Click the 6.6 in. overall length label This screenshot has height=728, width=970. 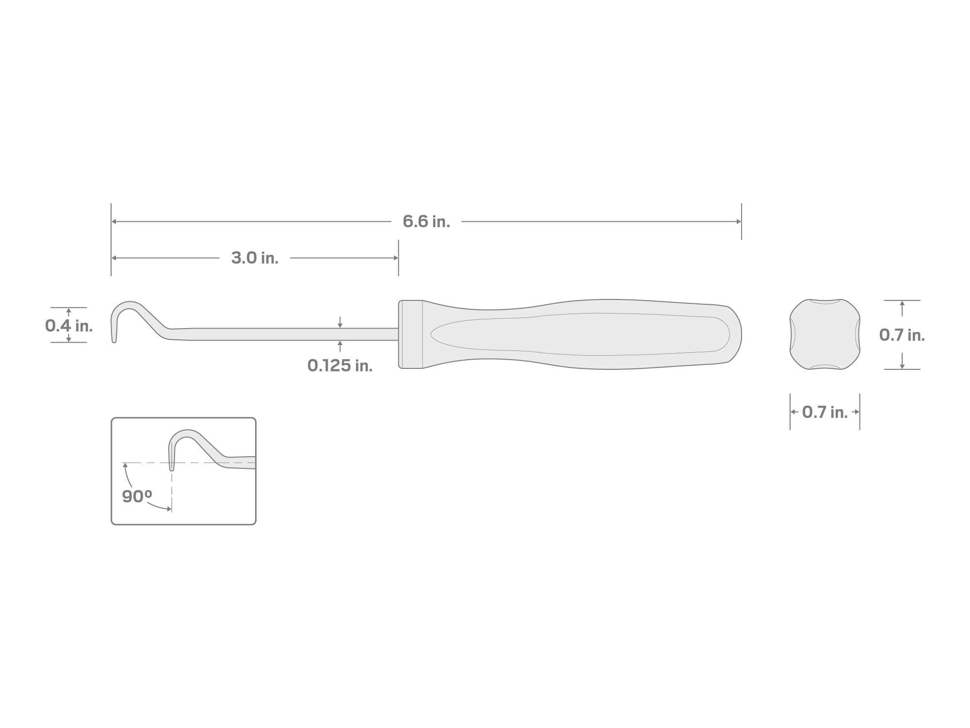pos(426,222)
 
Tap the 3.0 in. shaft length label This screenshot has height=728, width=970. pos(255,258)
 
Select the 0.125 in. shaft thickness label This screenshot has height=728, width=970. pos(340,365)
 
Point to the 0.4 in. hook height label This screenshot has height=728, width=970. pos(69,326)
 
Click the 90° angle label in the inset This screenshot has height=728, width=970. pos(137,496)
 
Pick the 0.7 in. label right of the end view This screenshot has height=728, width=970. pos(902,335)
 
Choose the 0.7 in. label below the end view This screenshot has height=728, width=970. pos(825,412)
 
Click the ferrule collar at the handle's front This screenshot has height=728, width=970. pos(411,334)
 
